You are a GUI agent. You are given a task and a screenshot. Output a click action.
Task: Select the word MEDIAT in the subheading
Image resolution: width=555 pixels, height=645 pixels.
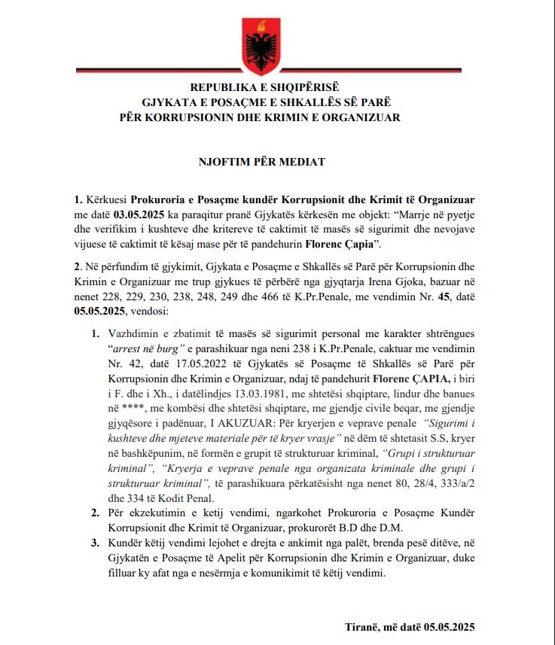tap(303, 162)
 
